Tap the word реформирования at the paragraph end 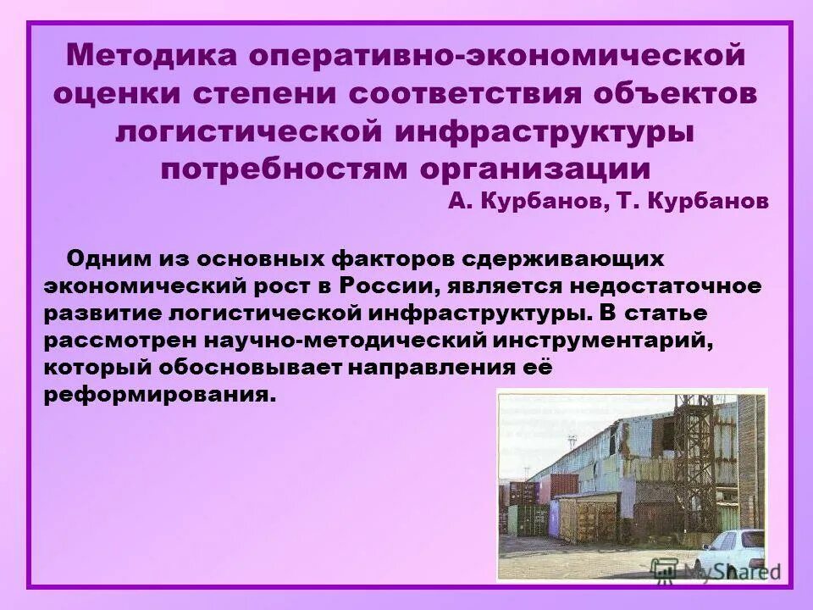[161, 396]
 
